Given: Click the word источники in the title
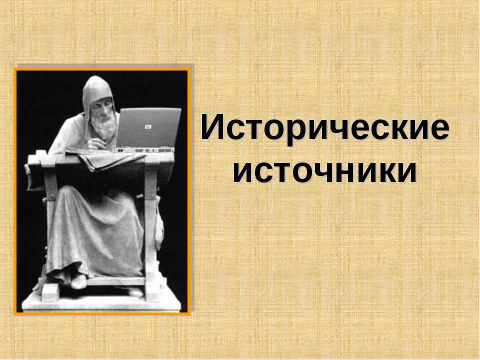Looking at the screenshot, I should click(325, 171).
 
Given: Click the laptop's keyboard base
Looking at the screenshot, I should click(145, 149).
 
